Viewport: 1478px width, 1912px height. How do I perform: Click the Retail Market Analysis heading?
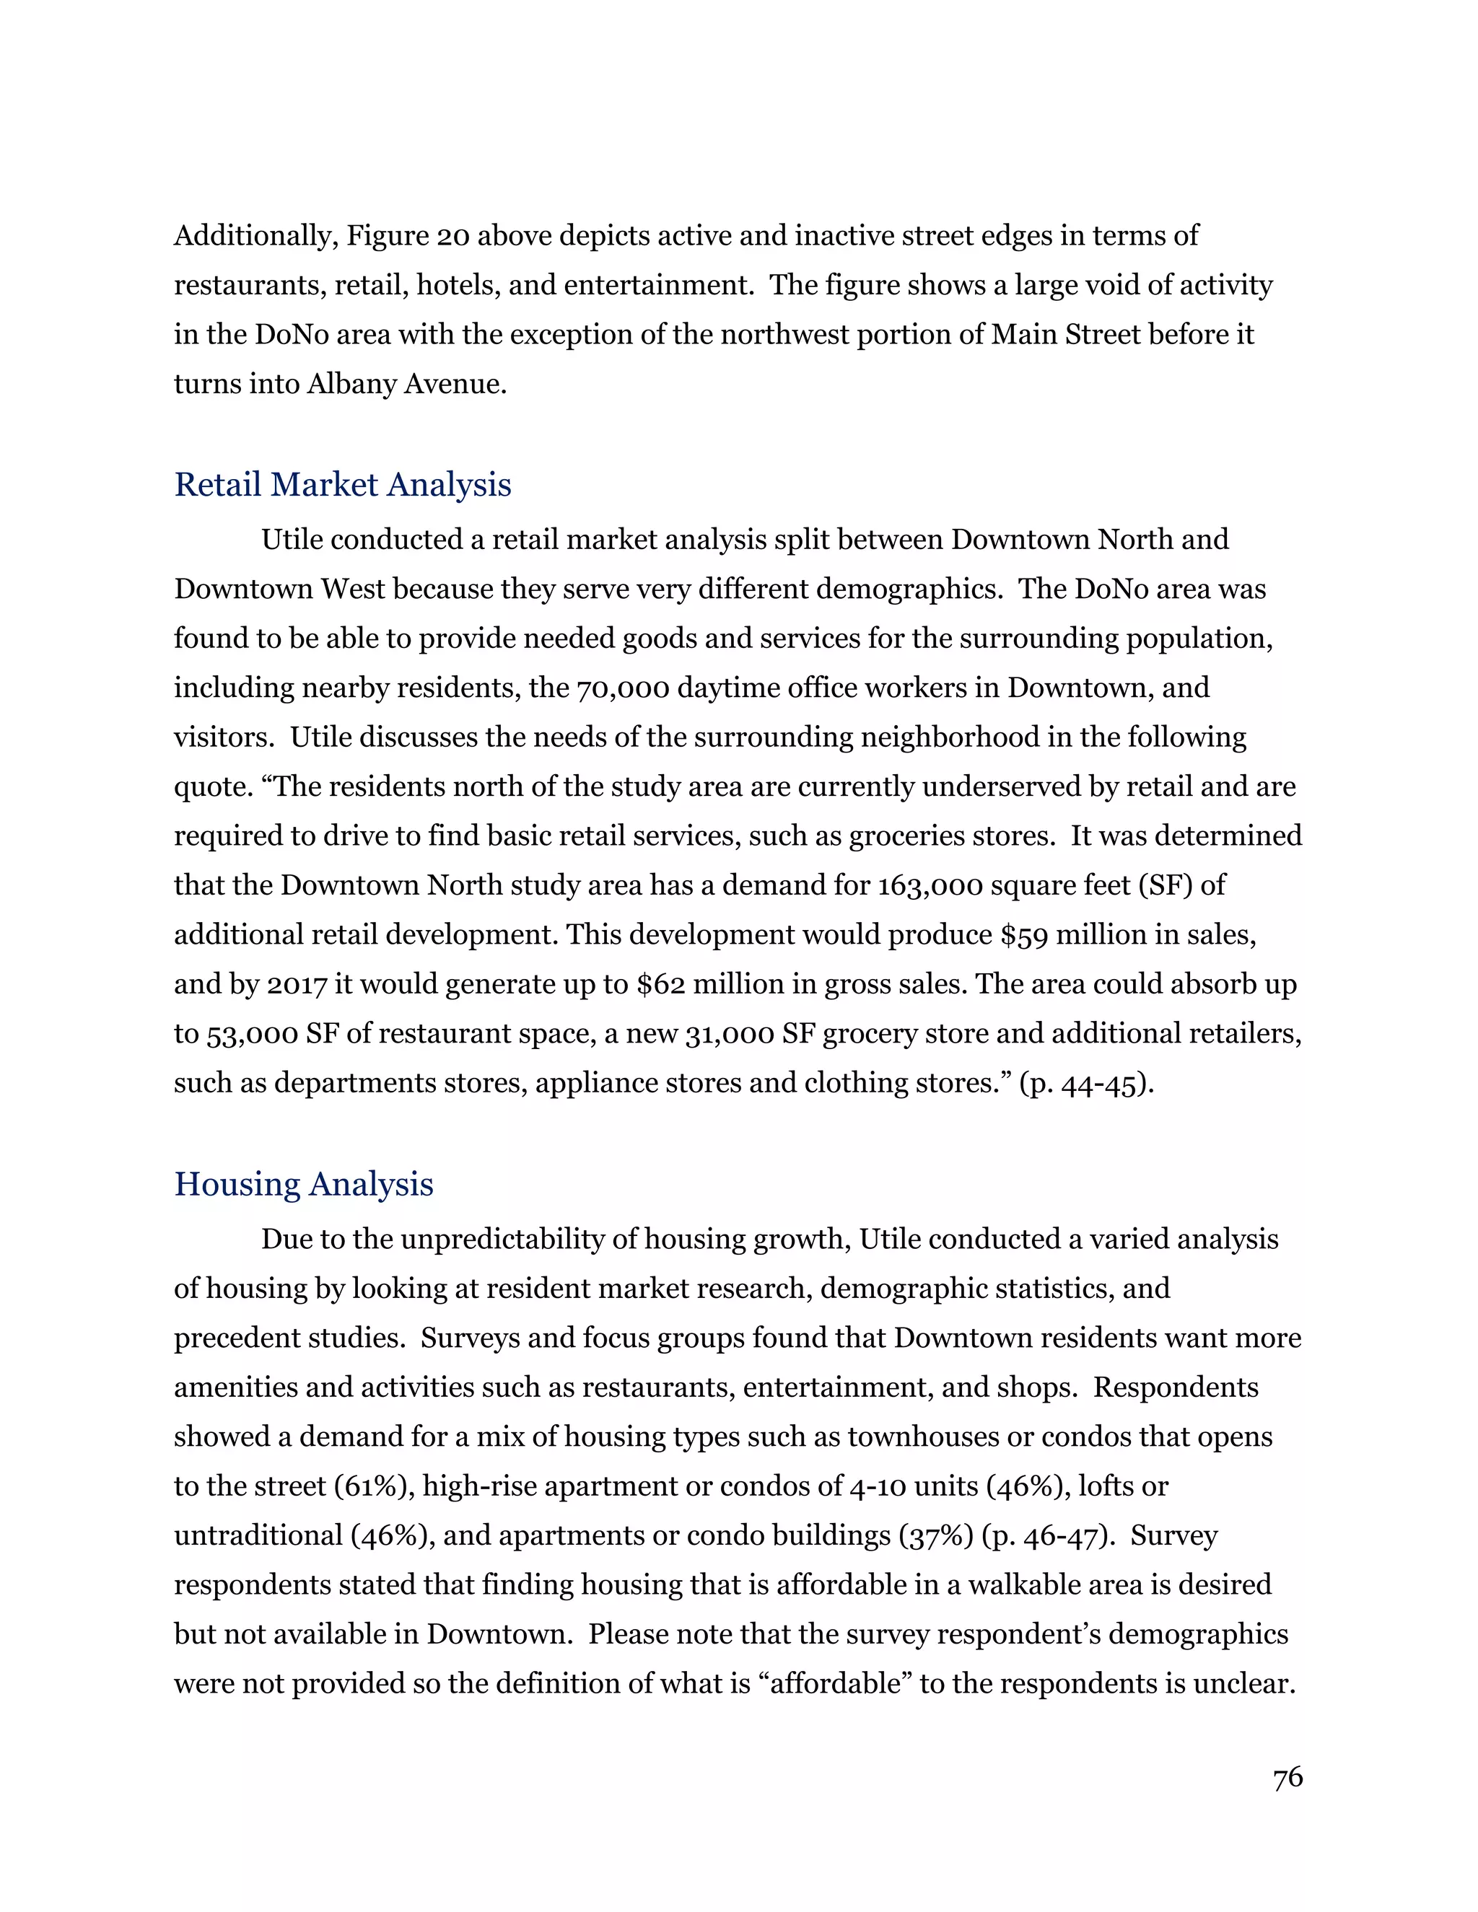[342, 484]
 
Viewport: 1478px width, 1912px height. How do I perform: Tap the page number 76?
[1287, 1777]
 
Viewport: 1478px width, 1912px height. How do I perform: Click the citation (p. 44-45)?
[1085, 1083]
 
